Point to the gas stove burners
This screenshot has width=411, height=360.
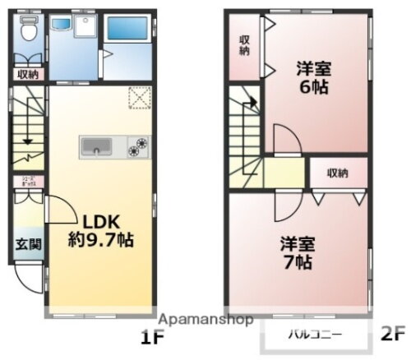[138, 148]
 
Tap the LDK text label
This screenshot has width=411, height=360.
[99, 222]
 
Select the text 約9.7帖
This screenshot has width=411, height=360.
[99, 241]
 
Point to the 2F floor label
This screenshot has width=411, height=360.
[391, 335]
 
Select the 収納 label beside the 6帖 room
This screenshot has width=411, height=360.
[245, 45]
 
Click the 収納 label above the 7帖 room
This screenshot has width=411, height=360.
[337, 173]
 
